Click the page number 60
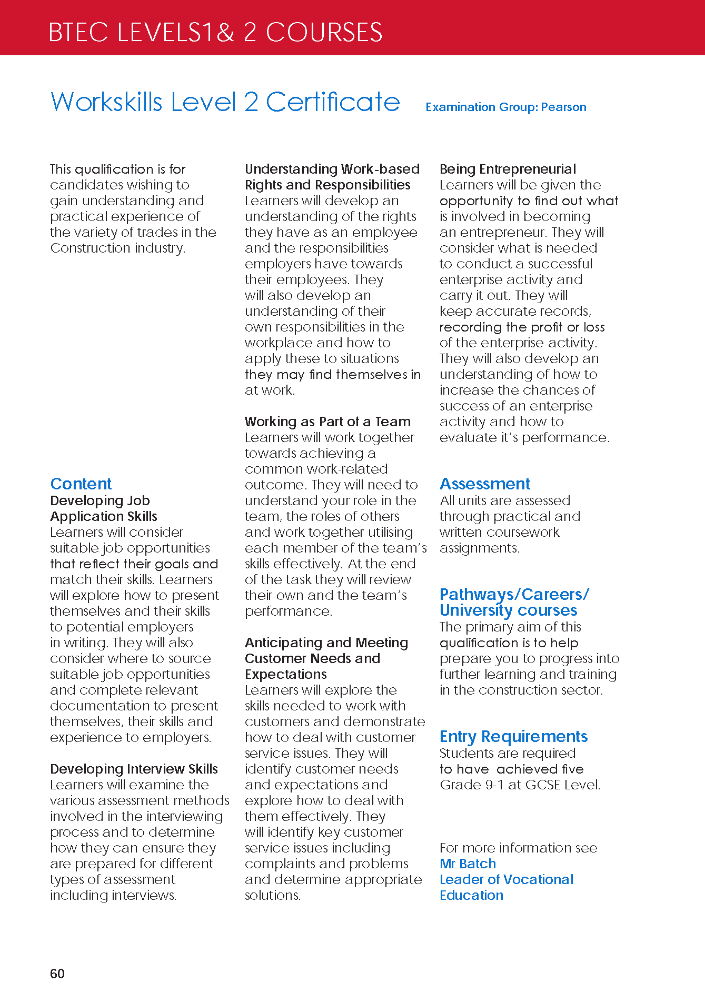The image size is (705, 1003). pyautogui.click(x=57, y=974)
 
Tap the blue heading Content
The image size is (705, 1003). pyautogui.click(x=81, y=484)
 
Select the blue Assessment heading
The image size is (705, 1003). pyautogui.click(x=485, y=484)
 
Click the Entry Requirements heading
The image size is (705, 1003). pyautogui.click(x=513, y=736)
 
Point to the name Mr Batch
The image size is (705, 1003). pyautogui.click(x=468, y=864)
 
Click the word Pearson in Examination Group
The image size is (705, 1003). pyautogui.click(x=563, y=107)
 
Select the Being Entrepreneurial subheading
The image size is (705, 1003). pyautogui.click(x=508, y=169)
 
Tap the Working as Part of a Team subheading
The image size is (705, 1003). pyautogui.click(x=327, y=422)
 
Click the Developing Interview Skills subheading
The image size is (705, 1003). pyautogui.click(x=134, y=769)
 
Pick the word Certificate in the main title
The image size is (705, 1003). pyautogui.click(x=333, y=102)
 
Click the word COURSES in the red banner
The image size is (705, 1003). pyautogui.click(x=324, y=33)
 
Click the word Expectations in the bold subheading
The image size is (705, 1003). pyautogui.click(x=286, y=674)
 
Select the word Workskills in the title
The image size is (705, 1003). pyautogui.click(x=106, y=102)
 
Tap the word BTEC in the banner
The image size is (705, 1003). pyautogui.click(x=78, y=33)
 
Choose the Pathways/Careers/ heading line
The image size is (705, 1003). pyautogui.click(x=514, y=594)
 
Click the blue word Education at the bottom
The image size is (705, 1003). pyautogui.click(x=471, y=895)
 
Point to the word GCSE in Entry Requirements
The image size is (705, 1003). pyautogui.click(x=542, y=785)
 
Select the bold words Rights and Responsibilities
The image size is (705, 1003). pyautogui.click(x=327, y=185)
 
